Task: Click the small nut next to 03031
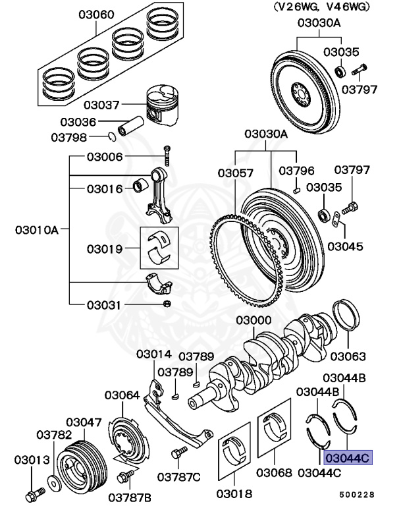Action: [x=167, y=304]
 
